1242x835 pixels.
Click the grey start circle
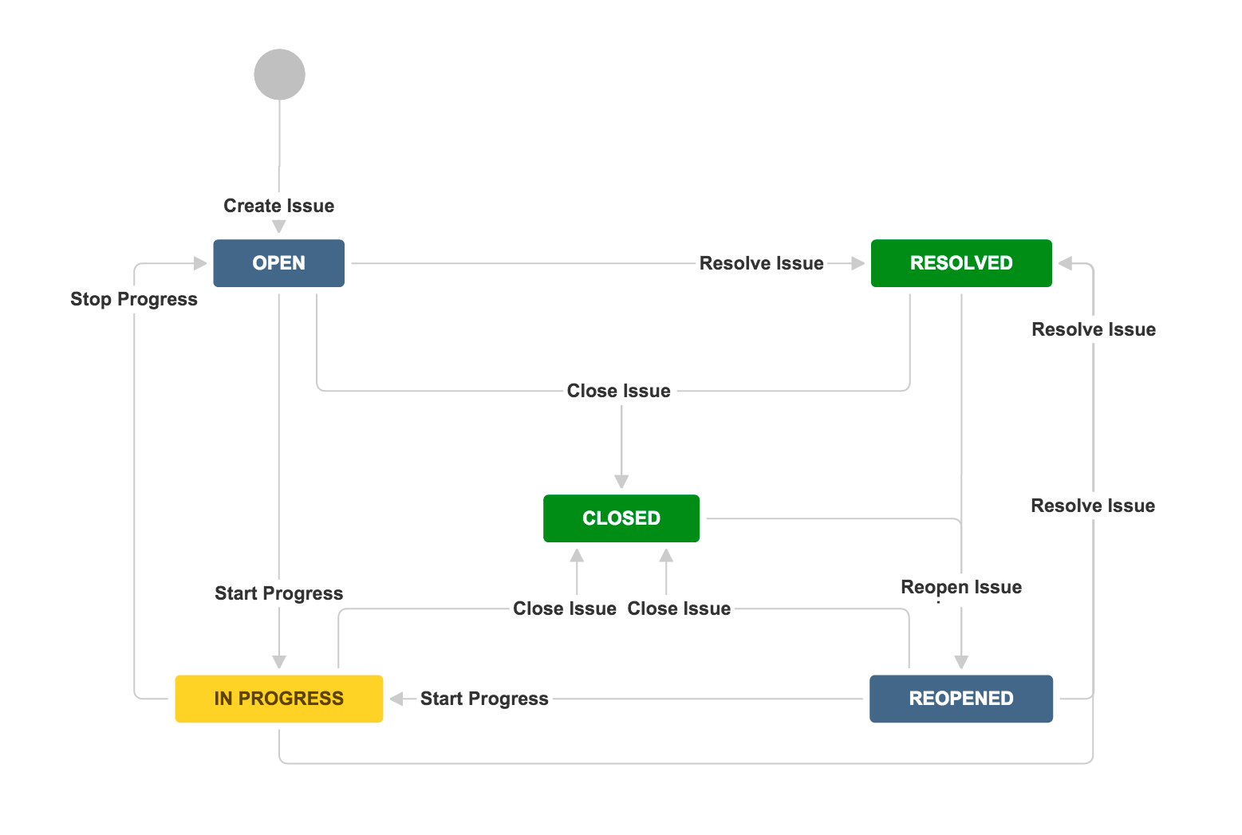(279, 74)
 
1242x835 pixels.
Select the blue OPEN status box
(278, 263)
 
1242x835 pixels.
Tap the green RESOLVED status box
(960, 263)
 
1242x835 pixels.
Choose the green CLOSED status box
(621, 518)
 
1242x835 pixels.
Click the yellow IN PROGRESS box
(278, 699)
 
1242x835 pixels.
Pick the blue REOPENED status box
(960, 699)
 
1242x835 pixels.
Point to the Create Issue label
(278, 206)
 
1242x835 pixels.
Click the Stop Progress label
(133, 299)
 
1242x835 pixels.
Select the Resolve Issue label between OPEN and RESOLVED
(761, 263)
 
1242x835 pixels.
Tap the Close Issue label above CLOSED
(618, 391)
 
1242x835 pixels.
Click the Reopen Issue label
(960, 587)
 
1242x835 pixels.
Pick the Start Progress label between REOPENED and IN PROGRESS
(484, 699)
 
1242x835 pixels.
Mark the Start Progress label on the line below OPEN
(278, 593)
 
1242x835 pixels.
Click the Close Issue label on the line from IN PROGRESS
(564, 609)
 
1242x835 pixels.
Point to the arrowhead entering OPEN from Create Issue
(278, 227)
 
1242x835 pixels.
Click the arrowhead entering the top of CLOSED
(621, 482)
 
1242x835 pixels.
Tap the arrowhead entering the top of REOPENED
(961, 662)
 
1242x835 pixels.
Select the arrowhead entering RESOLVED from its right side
(1065, 263)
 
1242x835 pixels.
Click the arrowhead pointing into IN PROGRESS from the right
(396, 699)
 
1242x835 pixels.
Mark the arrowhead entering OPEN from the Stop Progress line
(200, 263)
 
